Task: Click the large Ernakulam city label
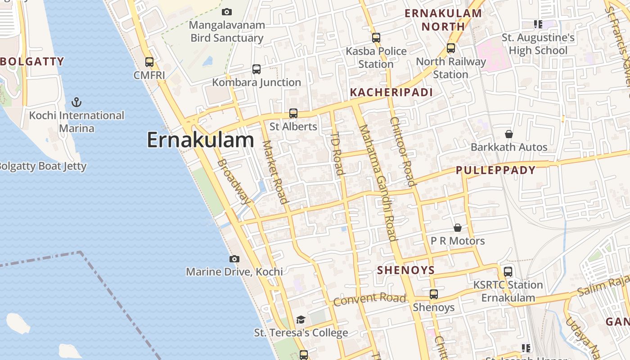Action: pos(200,140)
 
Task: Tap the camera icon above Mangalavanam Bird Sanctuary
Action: pos(227,12)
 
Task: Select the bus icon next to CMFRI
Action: pos(149,62)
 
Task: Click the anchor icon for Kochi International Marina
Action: pos(77,102)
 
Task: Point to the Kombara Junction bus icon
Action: pos(256,69)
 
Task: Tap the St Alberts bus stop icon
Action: pos(293,113)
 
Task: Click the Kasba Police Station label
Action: pos(376,58)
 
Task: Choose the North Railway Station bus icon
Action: pos(451,48)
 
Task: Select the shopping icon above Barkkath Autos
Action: pos(509,134)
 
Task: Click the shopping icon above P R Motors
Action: pos(458,228)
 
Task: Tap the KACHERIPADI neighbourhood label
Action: pos(391,93)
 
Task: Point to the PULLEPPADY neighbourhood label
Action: pos(495,170)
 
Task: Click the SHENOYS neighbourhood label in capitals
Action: pos(406,270)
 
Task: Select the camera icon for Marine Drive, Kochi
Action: pos(234,259)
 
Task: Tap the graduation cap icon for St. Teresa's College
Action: pos(301,319)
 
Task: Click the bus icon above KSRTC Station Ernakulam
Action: pos(508,272)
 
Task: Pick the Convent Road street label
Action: pos(369,299)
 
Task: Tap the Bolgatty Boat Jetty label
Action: pos(43,166)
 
